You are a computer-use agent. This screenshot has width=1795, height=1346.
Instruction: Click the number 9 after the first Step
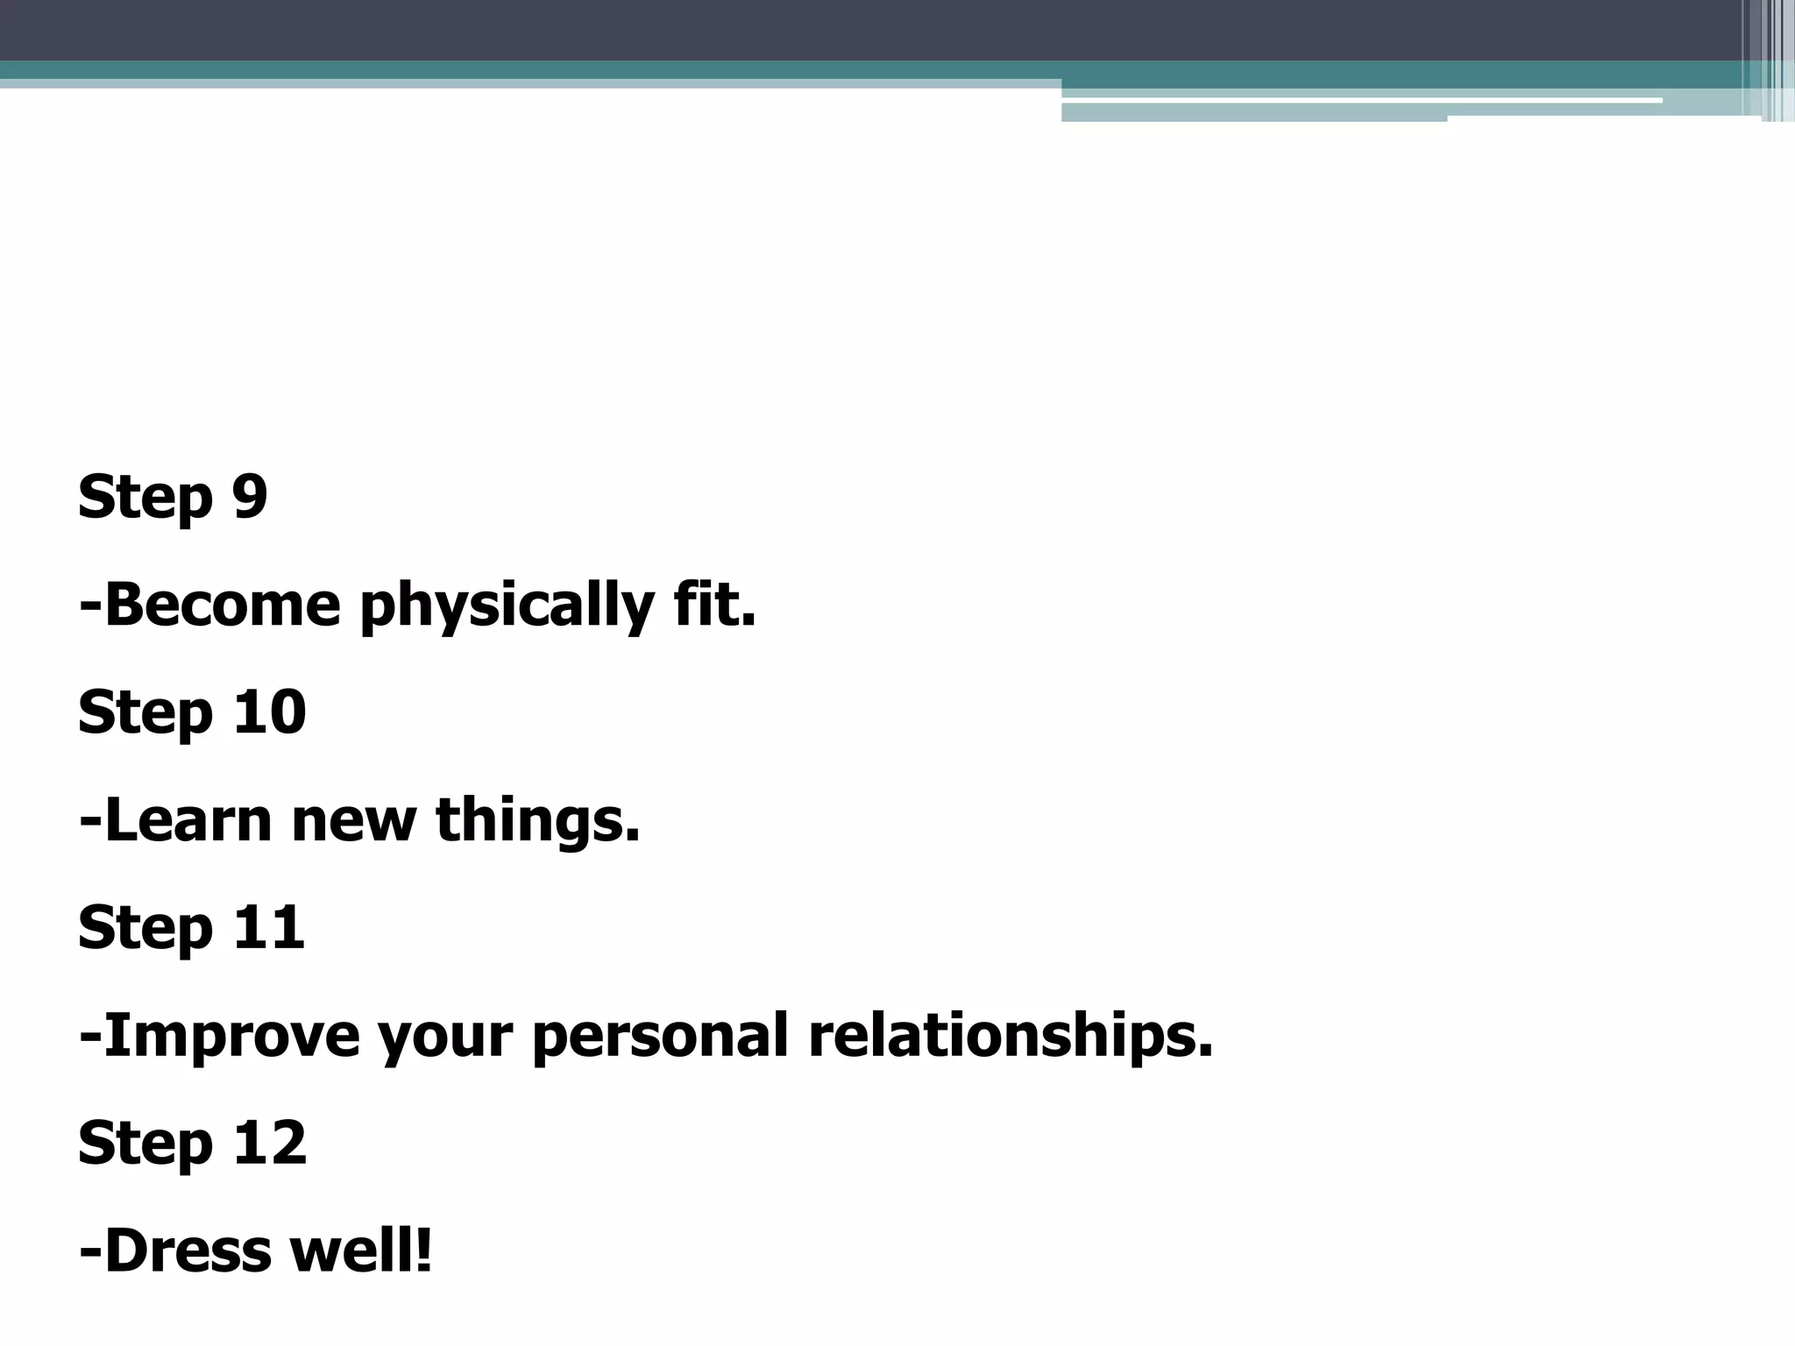coord(250,497)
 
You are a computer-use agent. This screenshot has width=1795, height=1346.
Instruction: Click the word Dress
coord(188,1251)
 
